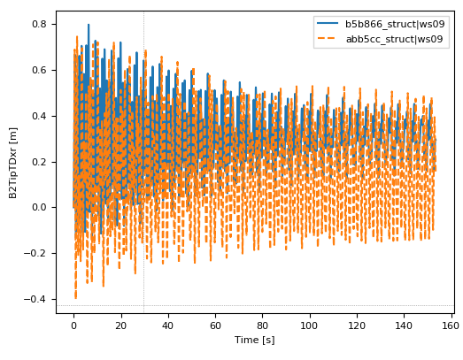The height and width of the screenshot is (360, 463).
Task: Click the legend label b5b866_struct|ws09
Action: coord(394,24)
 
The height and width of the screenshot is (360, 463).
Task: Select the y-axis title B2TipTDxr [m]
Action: coord(12,161)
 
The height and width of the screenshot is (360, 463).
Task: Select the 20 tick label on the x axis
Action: coord(120,325)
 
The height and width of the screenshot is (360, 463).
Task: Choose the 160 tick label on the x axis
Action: coord(449,325)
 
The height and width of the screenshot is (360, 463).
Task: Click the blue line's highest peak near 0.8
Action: coord(89,25)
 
